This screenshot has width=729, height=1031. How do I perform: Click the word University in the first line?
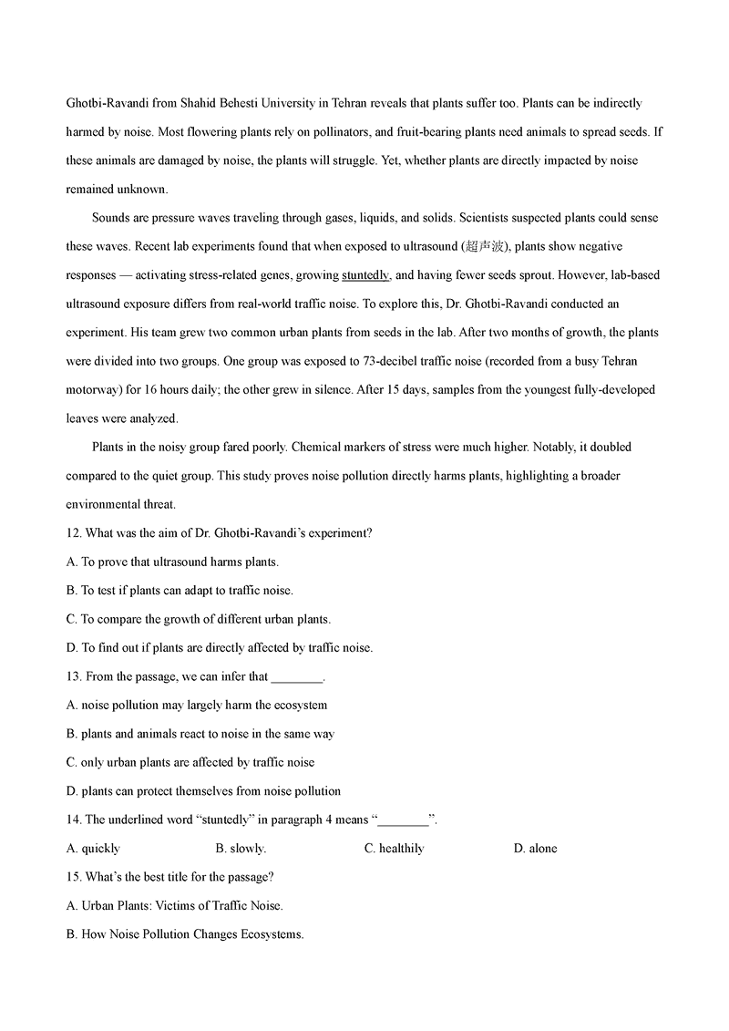point(289,104)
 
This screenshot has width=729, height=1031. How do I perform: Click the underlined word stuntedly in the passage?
point(365,275)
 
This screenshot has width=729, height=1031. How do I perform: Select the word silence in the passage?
point(315,389)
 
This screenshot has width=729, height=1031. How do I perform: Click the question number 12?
point(74,533)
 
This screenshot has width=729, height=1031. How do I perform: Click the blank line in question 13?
point(297,677)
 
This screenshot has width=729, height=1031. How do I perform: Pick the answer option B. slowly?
point(241,849)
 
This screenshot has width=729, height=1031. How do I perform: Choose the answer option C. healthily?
point(395,849)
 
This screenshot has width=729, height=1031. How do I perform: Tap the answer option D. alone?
point(536,849)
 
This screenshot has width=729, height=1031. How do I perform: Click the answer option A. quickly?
point(93,849)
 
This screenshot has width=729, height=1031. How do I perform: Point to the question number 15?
point(74,877)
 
